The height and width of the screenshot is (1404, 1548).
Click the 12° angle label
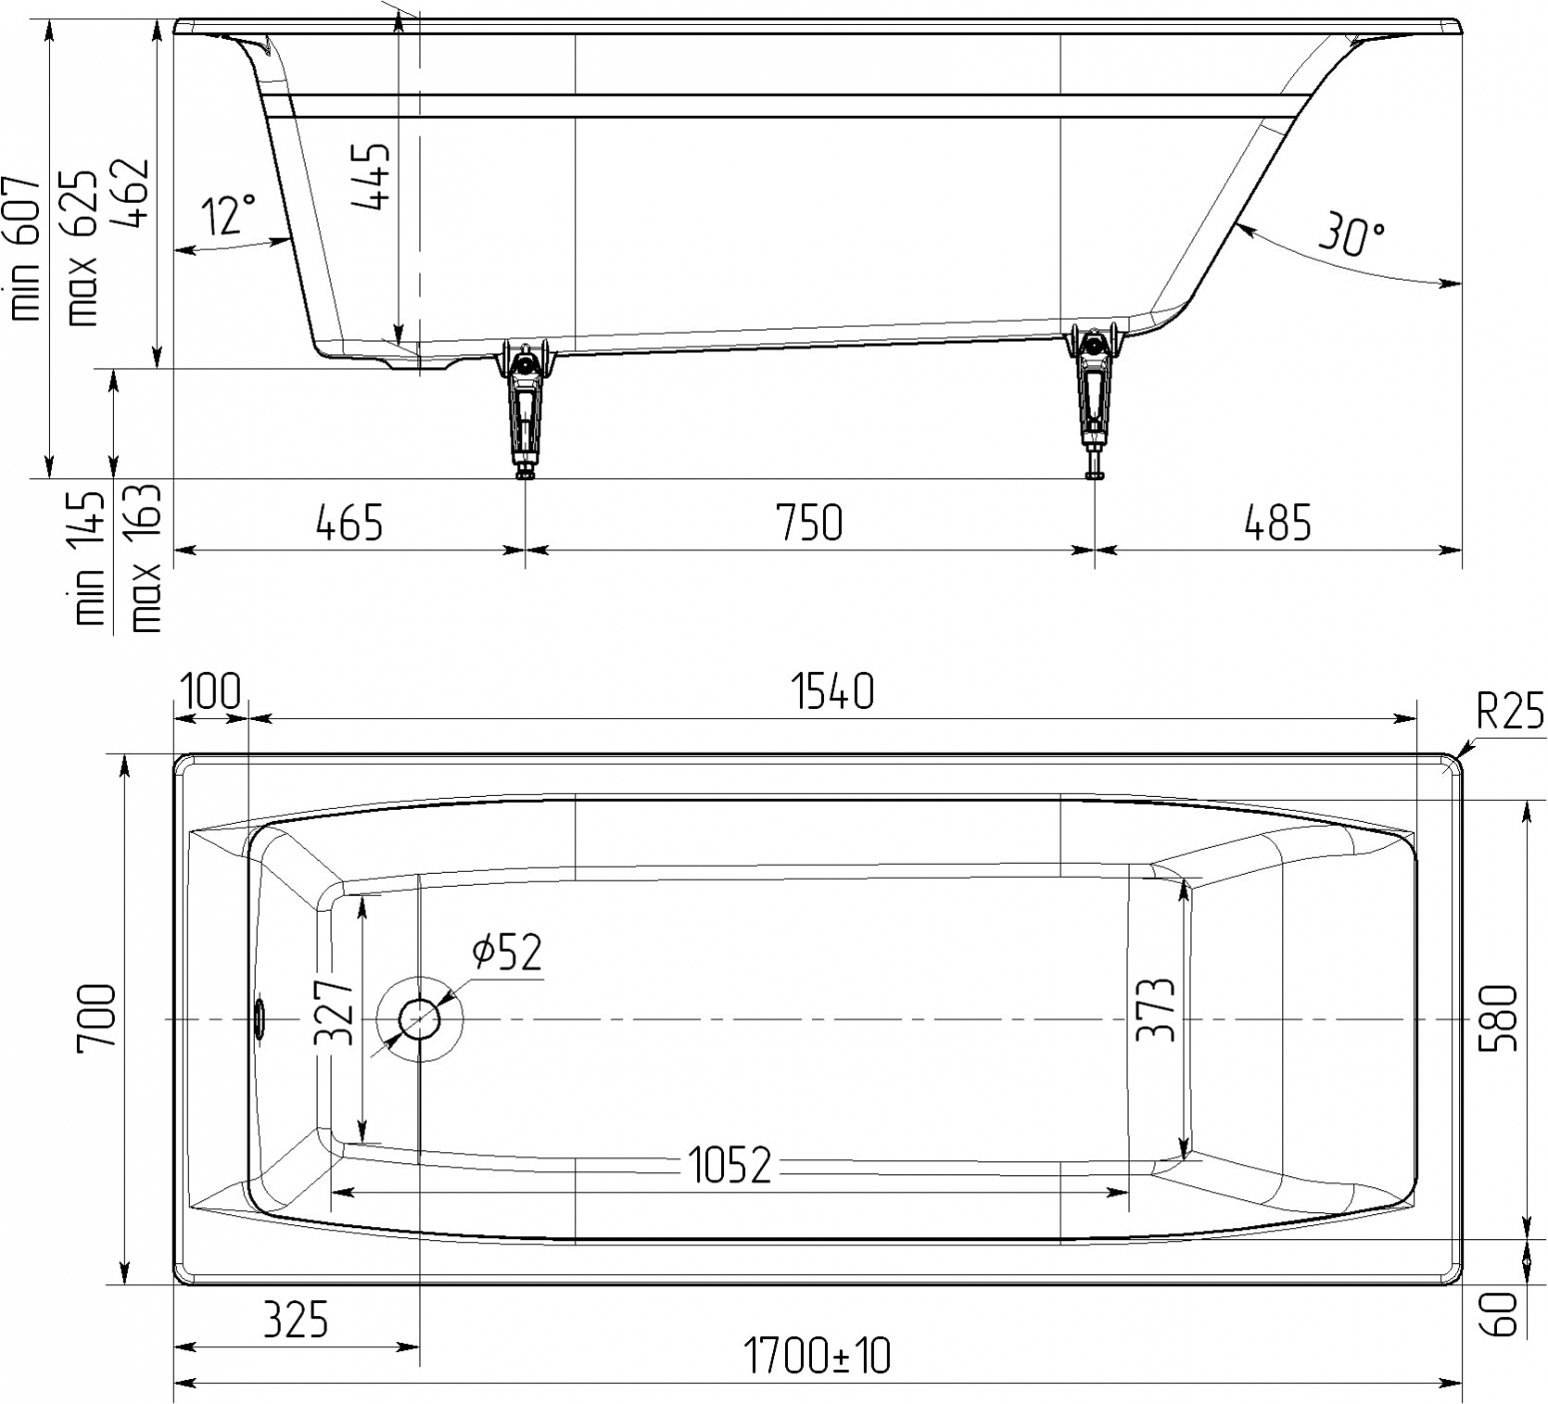pyautogui.click(x=229, y=215)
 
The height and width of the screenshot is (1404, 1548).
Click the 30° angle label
pyautogui.click(x=1351, y=234)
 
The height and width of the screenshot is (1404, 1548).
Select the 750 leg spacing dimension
pyautogui.click(x=809, y=522)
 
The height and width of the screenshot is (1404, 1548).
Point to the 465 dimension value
pyautogui.click(x=350, y=522)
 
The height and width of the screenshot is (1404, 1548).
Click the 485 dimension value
pyautogui.click(x=1277, y=522)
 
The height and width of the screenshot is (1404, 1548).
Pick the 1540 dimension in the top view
pyautogui.click(x=833, y=691)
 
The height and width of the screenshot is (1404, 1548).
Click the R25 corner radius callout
pyautogui.click(x=1510, y=712)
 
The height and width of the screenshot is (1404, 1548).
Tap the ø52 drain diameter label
pyautogui.click(x=507, y=952)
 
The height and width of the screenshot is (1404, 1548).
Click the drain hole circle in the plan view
pyautogui.click(x=419, y=1020)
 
